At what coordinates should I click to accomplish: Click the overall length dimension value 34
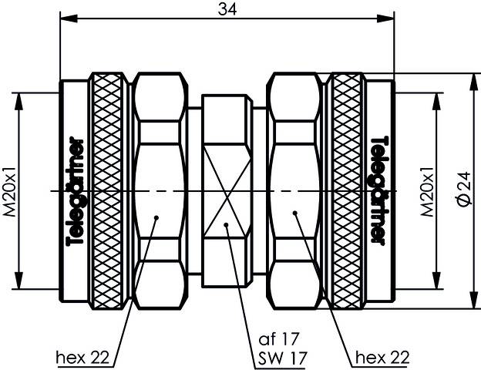(227, 8)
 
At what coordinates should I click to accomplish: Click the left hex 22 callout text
(84, 358)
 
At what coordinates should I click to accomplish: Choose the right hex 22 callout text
(382, 358)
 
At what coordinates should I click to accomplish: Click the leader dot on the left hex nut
(156, 217)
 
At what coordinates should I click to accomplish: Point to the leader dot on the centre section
(226, 225)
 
